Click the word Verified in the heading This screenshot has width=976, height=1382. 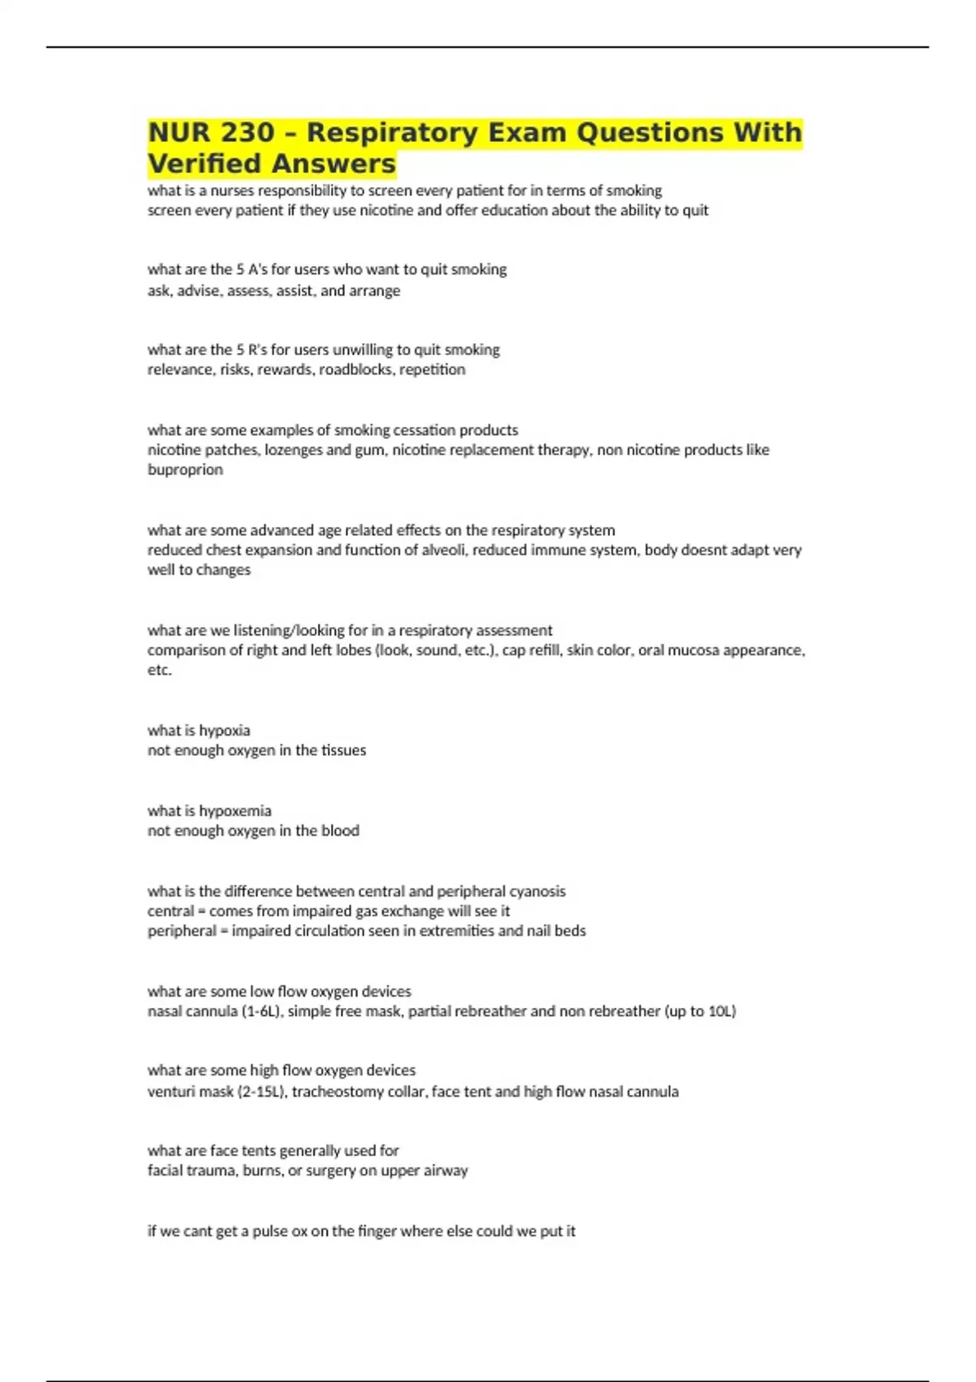click(x=204, y=163)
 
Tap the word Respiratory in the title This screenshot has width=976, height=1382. click(x=393, y=132)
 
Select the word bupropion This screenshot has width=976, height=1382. click(x=185, y=469)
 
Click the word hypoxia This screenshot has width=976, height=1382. click(x=224, y=730)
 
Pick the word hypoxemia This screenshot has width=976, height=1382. click(x=235, y=811)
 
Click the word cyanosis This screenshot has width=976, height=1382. click(x=534, y=891)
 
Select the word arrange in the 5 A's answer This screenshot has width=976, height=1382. click(x=375, y=290)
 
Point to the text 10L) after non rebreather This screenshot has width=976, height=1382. click(x=721, y=1011)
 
